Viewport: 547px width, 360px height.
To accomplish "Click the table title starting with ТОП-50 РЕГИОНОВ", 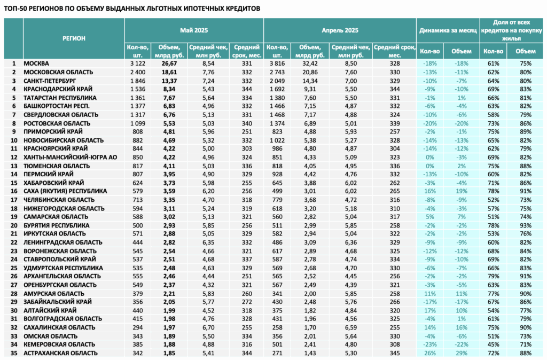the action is click(132, 9).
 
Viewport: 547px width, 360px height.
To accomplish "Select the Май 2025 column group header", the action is click(194, 30).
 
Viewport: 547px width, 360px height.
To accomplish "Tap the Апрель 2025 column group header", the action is click(340, 30).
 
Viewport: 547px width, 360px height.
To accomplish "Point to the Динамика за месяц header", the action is click(448, 30).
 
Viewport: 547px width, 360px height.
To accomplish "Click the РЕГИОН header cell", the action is click(74, 38).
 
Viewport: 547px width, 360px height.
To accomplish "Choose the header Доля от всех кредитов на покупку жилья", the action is click(511, 30).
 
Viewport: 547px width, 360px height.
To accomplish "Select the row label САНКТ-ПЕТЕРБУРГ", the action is click(50, 81).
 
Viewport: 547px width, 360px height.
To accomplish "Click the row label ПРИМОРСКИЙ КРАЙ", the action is click(53, 132).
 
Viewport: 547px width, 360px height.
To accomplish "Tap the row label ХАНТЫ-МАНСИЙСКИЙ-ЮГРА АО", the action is click(70, 158).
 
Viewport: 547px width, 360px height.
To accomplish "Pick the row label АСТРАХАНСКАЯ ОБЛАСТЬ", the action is click(60, 354).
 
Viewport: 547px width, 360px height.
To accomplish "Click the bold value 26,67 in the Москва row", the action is click(169, 64).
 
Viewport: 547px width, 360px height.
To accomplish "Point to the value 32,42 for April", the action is click(310, 64).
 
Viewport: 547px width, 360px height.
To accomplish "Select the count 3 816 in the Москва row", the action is click(277, 64).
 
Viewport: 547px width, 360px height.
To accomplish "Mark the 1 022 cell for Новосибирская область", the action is click(277, 140).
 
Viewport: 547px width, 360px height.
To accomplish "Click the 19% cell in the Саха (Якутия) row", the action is click(461, 192).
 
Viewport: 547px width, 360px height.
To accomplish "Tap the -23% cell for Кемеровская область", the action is click(429, 345).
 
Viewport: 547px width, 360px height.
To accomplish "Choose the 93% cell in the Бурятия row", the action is click(526, 226).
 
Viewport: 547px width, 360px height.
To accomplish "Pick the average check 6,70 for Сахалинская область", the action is click(208, 327).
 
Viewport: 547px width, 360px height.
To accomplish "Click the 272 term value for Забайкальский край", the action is click(247, 302).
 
